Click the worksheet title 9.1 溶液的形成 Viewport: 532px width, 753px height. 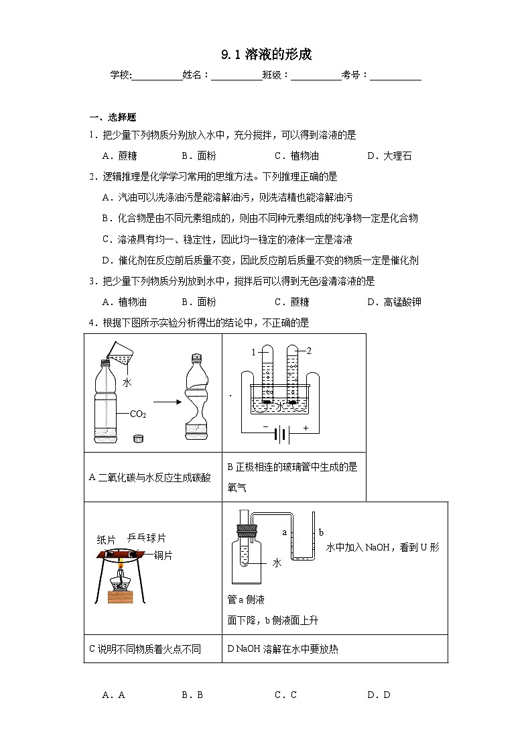pos(266,54)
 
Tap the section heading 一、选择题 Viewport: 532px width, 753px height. pos(113,117)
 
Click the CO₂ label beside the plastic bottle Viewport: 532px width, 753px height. pos(138,414)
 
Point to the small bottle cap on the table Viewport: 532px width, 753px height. pos(139,439)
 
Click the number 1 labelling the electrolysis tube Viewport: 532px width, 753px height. pos(253,351)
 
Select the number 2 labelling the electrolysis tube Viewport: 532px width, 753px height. pos(309,351)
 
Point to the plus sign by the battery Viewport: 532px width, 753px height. pos(306,427)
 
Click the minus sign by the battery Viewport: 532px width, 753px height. pos(266,427)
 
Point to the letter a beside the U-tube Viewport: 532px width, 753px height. pos(285,532)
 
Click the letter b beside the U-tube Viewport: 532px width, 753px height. pos(321,532)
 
